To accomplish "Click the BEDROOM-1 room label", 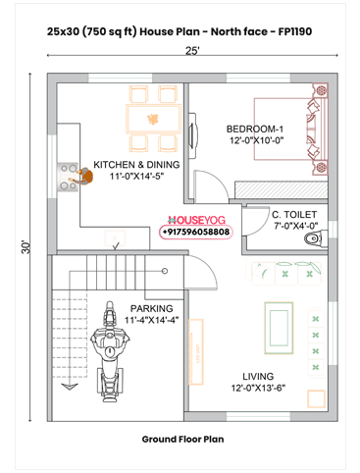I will (x=254, y=130).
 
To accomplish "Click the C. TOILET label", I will (x=294, y=214).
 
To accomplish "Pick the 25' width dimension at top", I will (x=193, y=51).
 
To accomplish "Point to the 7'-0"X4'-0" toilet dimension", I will (x=293, y=227).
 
